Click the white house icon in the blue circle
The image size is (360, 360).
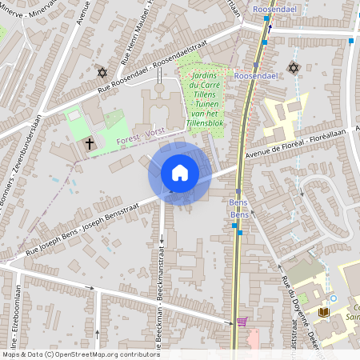tap(180, 172)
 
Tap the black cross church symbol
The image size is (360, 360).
tap(90, 144)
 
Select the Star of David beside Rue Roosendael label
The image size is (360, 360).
tap(102, 73)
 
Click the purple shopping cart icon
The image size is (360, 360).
tap(242, 322)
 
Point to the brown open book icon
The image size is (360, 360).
tap(323, 311)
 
